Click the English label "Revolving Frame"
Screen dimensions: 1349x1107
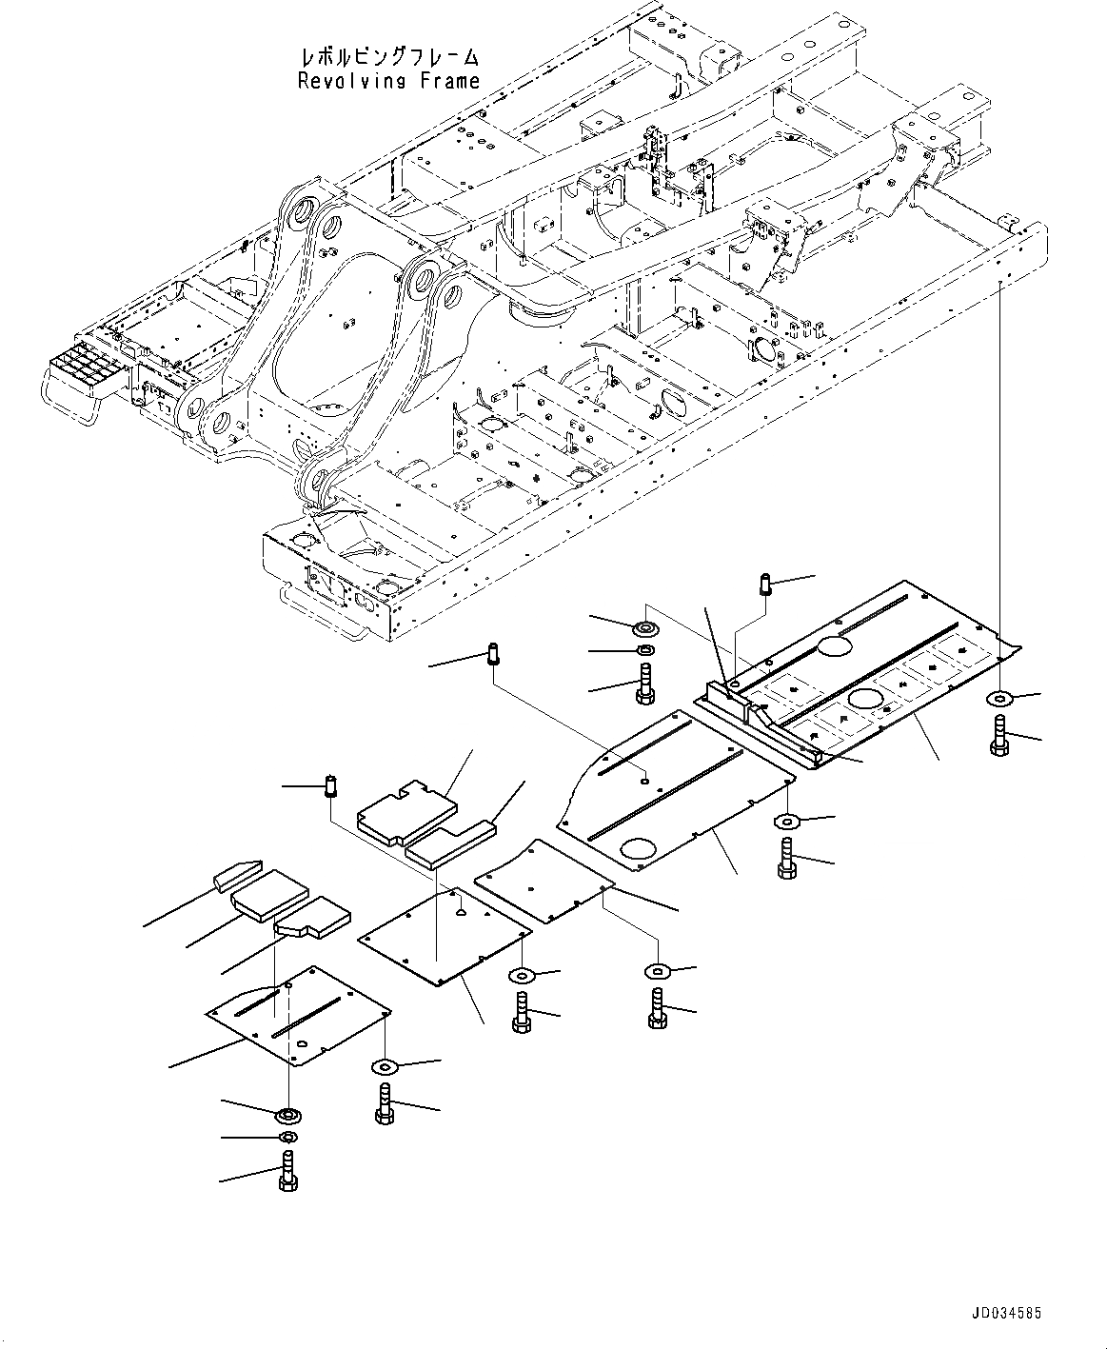coord(388,82)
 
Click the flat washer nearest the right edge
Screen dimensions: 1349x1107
coord(999,699)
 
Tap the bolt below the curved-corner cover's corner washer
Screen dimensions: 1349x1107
coord(786,859)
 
